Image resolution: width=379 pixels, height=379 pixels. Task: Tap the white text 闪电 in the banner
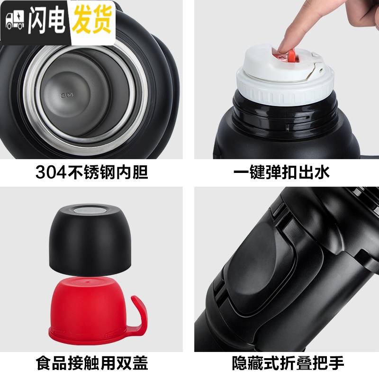tap(46, 21)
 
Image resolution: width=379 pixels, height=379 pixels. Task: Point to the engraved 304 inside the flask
tap(67, 95)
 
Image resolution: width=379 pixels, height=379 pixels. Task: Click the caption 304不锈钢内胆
tap(91, 172)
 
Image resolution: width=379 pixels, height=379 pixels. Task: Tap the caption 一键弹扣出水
tap(281, 172)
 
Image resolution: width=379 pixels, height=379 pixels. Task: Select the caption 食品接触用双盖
tap(91, 362)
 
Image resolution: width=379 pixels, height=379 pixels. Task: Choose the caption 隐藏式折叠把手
tap(288, 362)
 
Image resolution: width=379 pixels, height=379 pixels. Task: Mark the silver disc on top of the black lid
tap(90, 210)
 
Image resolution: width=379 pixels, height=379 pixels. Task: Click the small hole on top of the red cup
tap(88, 282)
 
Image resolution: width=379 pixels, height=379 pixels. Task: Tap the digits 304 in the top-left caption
tap(51, 172)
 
